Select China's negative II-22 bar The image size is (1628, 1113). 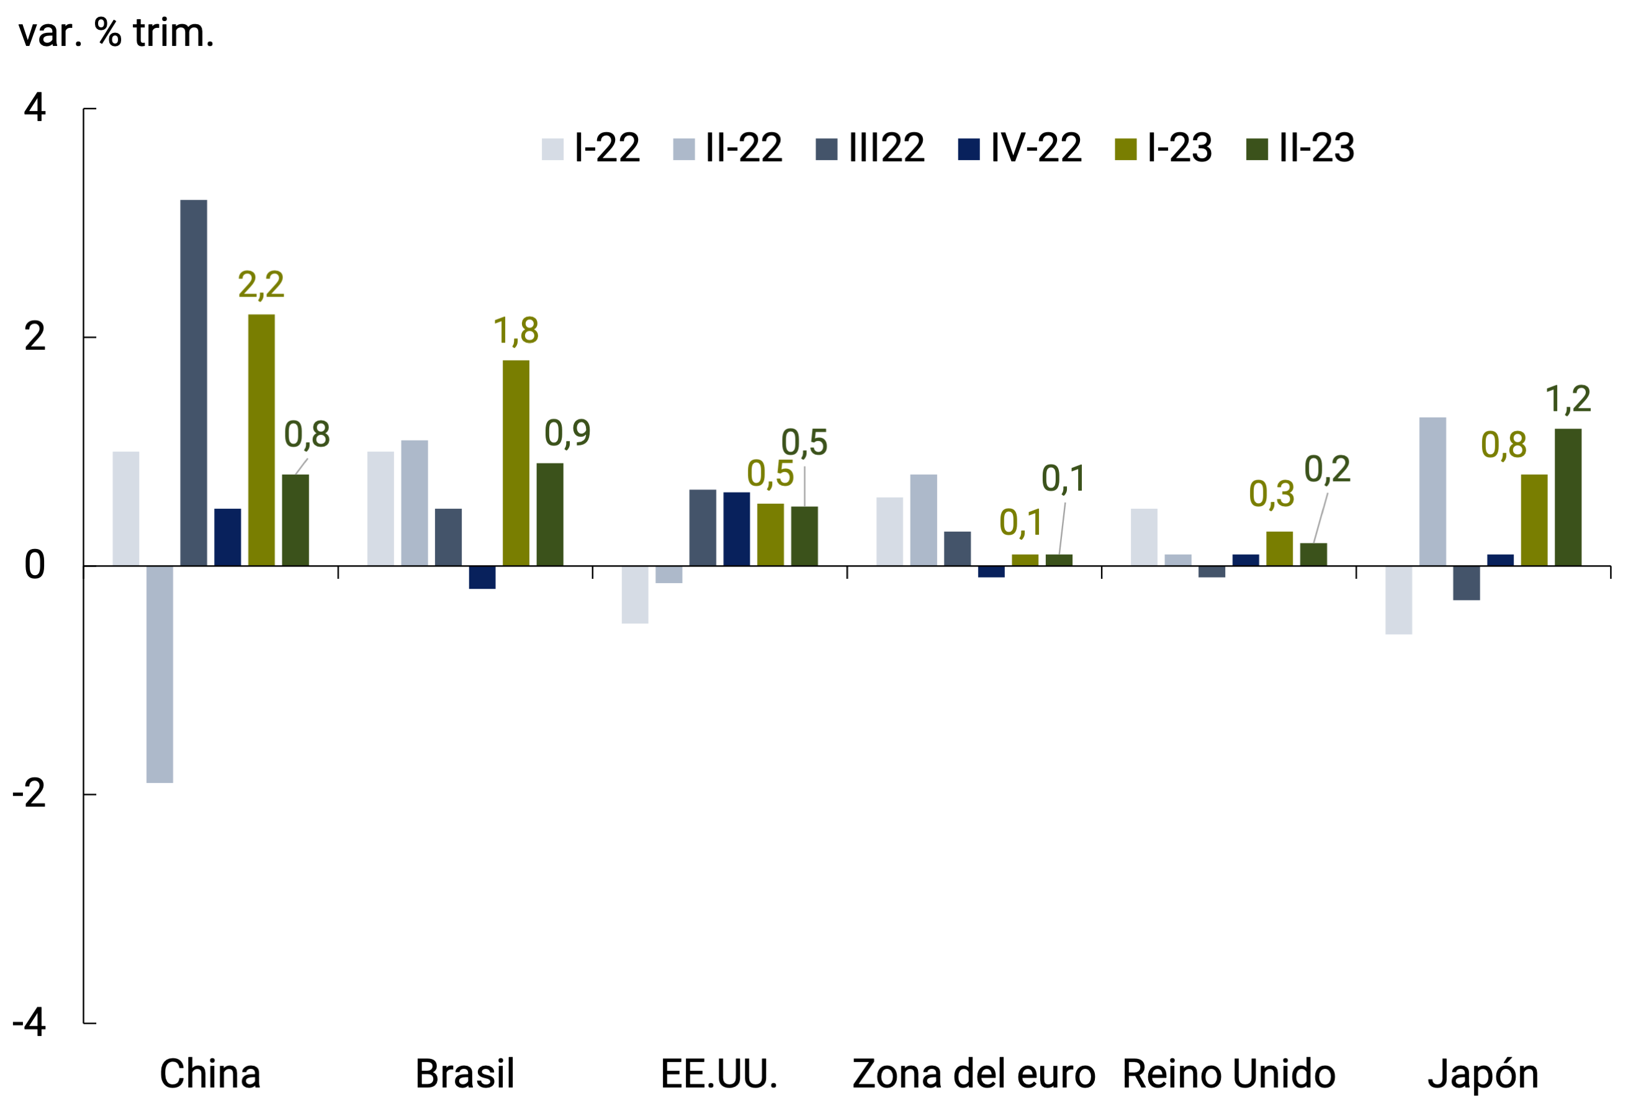pyautogui.click(x=160, y=674)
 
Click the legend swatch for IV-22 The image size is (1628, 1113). pyautogui.click(x=968, y=149)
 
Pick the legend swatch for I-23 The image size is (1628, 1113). pyautogui.click(x=1125, y=149)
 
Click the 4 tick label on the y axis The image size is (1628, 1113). pyautogui.click(x=34, y=109)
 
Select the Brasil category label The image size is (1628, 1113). pyautogui.click(x=464, y=1074)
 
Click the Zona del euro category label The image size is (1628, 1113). pyautogui.click(x=973, y=1074)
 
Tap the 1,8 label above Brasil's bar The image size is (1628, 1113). pyautogui.click(x=516, y=331)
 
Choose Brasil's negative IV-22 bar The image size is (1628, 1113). pyautogui.click(x=482, y=577)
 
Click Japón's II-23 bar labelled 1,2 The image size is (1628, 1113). pyautogui.click(x=1568, y=498)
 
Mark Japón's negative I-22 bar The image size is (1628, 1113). pyautogui.click(x=1398, y=599)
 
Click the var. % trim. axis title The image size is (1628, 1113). pyautogui.click(x=116, y=33)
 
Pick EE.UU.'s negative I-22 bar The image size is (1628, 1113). pyautogui.click(x=635, y=594)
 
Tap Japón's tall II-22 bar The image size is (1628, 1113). pyautogui.click(x=1432, y=492)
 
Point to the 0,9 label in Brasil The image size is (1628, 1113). pyautogui.click(x=567, y=434)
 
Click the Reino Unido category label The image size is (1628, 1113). pyautogui.click(x=1229, y=1074)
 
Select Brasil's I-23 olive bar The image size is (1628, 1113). pyautogui.click(x=516, y=463)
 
